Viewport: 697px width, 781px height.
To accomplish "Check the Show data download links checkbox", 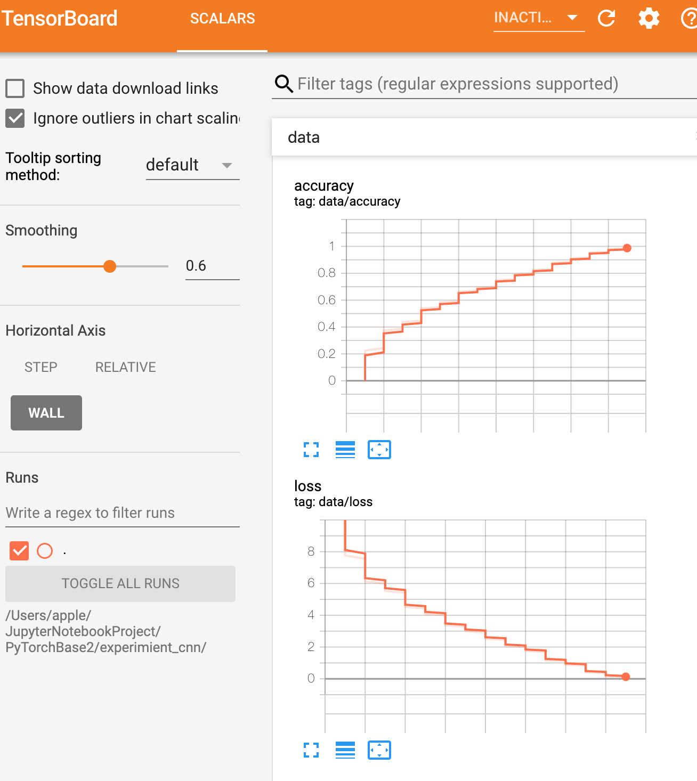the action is [x=15, y=88].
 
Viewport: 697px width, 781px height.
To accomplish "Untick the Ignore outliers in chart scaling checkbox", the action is [x=15, y=118].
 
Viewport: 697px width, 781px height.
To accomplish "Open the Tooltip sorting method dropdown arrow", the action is [x=227, y=165].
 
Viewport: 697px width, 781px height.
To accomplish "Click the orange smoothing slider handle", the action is [x=110, y=266].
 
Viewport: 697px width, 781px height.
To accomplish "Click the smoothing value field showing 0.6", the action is [x=212, y=266].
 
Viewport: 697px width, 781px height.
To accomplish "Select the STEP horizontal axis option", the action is [x=41, y=367].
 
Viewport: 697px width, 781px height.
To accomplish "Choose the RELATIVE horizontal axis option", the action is [x=125, y=367].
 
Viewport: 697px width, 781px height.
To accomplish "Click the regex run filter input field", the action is [x=122, y=512].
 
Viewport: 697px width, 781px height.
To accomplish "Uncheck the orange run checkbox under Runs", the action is [x=19, y=550].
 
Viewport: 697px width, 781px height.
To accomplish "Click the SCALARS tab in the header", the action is [x=223, y=19].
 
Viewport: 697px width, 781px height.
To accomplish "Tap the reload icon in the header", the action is [x=606, y=18].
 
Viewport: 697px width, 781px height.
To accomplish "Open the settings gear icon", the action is [x=649, y=18].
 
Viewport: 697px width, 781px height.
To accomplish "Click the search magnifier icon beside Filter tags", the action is [x=284, y=84].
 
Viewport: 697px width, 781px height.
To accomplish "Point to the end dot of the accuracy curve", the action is [x=627, y=248].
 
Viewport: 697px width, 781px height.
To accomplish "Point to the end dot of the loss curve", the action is [x=626, y=677].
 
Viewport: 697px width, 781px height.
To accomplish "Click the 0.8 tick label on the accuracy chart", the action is [x=326, y=273].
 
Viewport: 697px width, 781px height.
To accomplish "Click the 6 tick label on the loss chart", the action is [x=311, y=583].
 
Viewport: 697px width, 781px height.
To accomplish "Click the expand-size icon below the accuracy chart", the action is [x=311, y=450].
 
